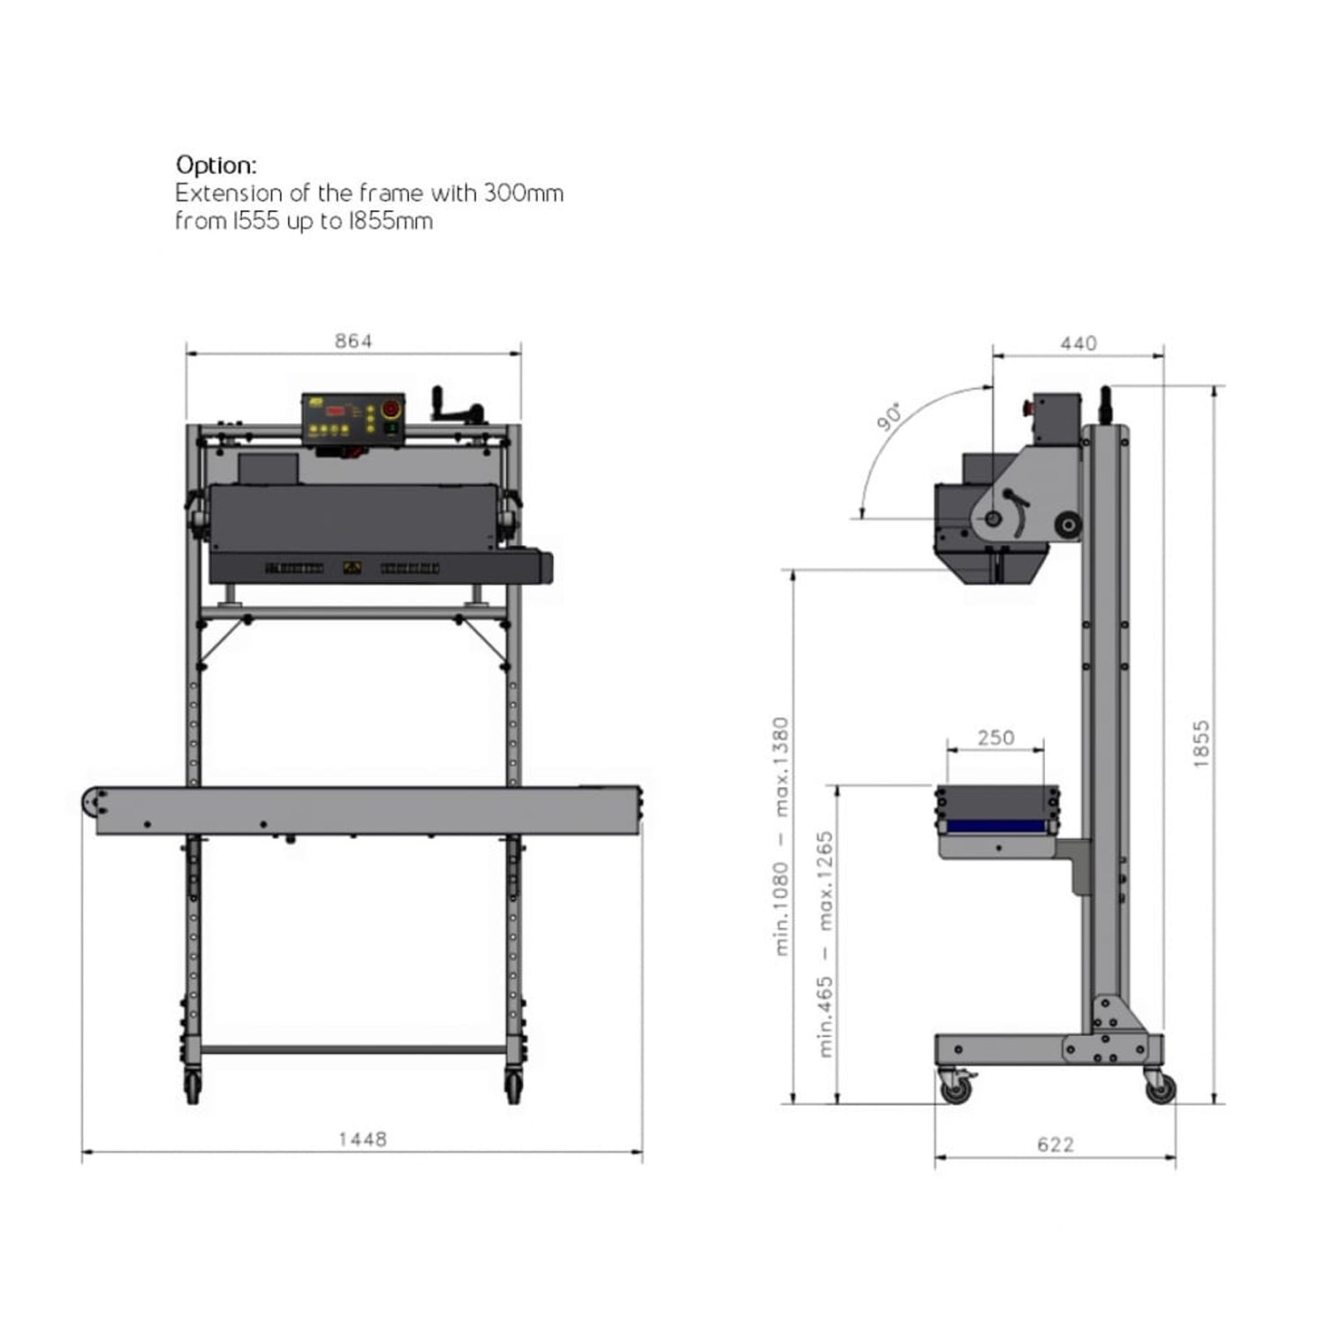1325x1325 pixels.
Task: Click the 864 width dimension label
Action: point(353,341)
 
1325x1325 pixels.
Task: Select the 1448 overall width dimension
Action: point(362,1139)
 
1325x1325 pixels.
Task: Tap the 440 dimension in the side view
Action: point(1079,343)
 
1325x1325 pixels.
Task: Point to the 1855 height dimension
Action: point(1201,744)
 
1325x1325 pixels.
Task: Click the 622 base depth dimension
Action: point(1056,1145)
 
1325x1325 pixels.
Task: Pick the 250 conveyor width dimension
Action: point(996,738)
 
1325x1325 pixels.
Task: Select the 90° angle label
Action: point(890,417)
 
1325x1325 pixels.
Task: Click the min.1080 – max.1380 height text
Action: point(781,835)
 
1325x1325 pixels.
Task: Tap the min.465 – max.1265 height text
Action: point(825,943)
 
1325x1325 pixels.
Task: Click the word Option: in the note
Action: point(216,165)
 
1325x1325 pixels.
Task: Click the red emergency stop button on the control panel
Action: point(390,409)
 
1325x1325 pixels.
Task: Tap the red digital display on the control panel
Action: point(337,410)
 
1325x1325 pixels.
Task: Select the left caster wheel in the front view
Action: point(193,1086)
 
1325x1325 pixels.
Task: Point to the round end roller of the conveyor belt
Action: point(94,803)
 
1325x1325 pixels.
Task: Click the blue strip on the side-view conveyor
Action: point(997,826)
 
